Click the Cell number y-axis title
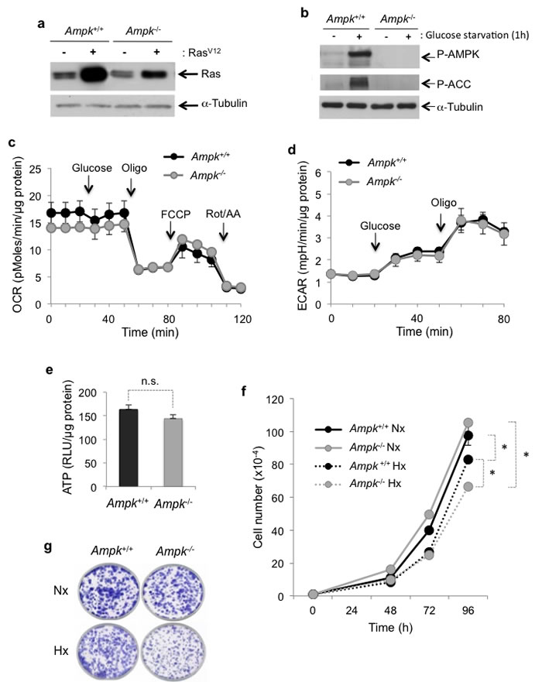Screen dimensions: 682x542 [x=261, y=497]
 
